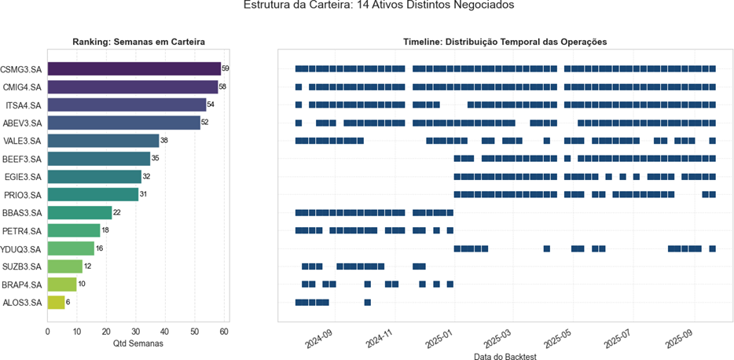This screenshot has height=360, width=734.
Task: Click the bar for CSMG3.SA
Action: click(134, 68)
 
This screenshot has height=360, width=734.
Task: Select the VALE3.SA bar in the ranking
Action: click(103, 141)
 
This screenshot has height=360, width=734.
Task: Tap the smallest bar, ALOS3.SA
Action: click(56, 302)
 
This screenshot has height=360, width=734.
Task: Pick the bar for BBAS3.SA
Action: click(79, 212)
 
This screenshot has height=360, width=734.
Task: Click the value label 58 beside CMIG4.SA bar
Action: click(224, 86)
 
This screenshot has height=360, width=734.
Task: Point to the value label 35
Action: click(156, 159)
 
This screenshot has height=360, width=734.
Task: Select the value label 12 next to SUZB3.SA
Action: click(88, 266)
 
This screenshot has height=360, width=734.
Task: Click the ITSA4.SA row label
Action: click(22, 105)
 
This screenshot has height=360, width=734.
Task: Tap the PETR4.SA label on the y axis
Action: click(22, 230)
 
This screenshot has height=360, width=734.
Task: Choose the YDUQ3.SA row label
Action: click(22, 248)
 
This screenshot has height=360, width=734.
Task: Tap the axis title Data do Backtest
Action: click(505, 356)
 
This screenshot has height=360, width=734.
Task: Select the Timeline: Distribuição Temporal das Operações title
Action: click(505, 41)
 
